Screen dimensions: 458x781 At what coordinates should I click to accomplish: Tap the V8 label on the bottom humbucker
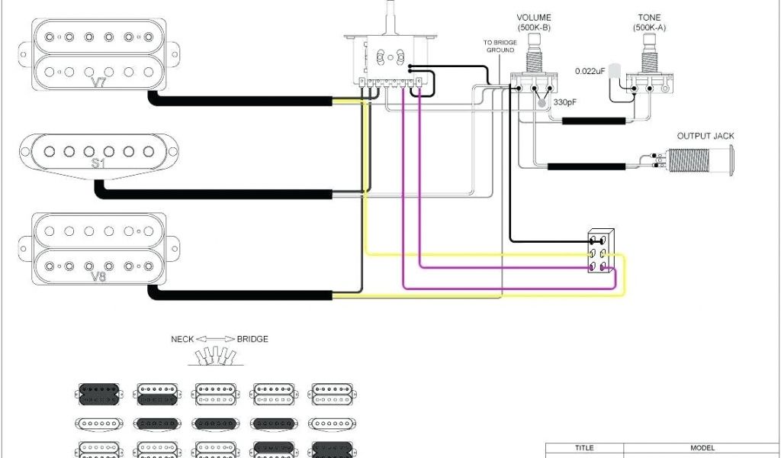click(x=99, y=277)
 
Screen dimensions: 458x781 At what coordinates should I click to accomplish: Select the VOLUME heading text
click(x=534, y=18)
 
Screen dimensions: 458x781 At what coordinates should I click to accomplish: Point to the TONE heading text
click(x=650, y=18)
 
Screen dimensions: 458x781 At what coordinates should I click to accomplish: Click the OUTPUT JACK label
click(x=705, y=137)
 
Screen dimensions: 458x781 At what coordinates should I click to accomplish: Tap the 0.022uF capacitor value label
click(x=590, y=71)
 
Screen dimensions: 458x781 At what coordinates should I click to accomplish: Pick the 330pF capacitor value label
click(x=565, y=102)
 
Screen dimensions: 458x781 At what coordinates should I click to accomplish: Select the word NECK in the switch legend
click(x=182, y=339)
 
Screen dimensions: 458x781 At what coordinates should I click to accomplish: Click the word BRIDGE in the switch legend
click(x=252, y=339)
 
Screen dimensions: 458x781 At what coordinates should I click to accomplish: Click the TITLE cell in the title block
click(x=584, y=448)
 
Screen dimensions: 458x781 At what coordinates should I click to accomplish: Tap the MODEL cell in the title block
click(x=702, y=448)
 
